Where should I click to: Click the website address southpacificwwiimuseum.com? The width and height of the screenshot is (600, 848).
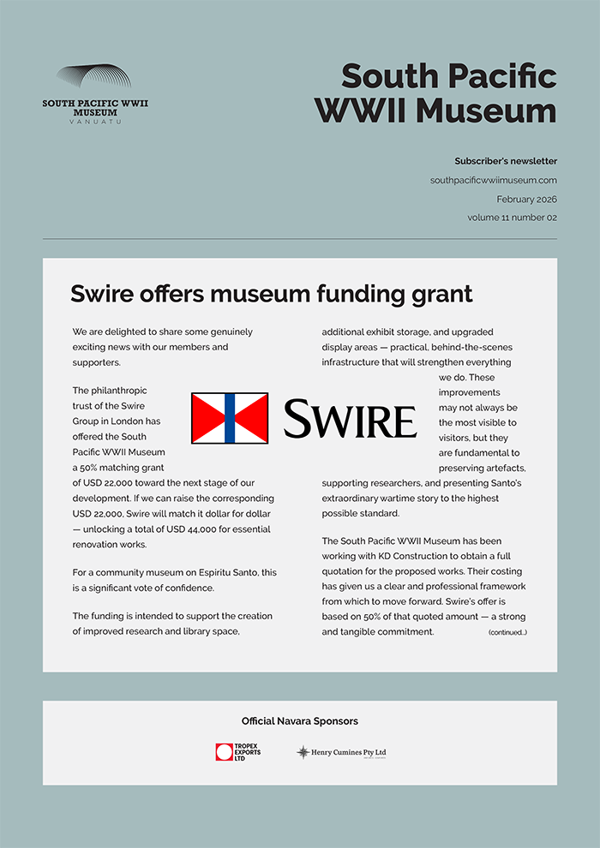coord(493,180)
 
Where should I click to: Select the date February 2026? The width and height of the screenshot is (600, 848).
coord(526,199)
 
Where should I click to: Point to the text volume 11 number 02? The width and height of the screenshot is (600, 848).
coord(512,218)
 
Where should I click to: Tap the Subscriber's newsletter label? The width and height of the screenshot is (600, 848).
coord(505,161)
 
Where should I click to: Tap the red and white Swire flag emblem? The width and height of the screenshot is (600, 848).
coord(230,418)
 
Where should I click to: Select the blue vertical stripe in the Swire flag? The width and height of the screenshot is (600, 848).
coord(230,418)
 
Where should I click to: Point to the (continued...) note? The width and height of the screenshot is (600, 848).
coord(507,632)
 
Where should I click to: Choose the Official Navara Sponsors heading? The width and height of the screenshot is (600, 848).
coord(299,721)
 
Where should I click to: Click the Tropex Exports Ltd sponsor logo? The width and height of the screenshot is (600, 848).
coord(238,752)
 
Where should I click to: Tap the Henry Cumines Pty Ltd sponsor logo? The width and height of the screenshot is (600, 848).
coord(341,752)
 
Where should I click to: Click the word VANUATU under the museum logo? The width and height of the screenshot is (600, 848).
coord(95,122)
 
